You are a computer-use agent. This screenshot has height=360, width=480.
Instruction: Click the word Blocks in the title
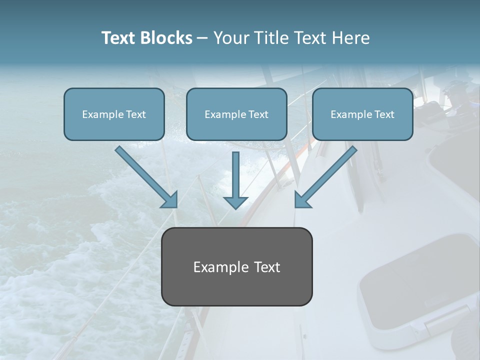167,38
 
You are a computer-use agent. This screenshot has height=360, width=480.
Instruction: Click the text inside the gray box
236,267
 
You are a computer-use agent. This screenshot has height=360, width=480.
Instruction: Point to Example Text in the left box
114,114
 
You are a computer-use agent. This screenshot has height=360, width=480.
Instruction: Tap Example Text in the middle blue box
236,114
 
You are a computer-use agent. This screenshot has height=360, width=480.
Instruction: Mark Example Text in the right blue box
362,114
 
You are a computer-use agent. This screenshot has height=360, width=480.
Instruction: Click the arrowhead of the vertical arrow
235,201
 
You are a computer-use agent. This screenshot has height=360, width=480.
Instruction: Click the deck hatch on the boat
415,290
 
